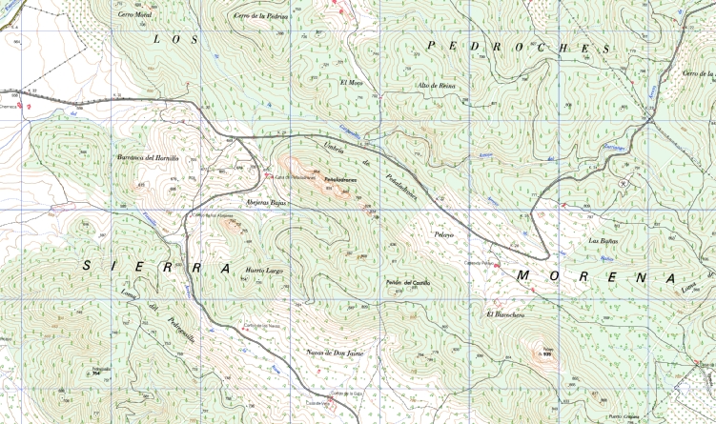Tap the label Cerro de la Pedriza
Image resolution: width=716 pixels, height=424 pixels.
point(260,15)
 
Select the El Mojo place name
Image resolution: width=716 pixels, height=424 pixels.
point(352,82)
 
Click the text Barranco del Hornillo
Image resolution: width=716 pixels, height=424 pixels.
point(148,157)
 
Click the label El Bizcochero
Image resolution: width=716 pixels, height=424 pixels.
point(505,314)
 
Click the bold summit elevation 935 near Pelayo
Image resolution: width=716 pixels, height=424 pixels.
point(547,354)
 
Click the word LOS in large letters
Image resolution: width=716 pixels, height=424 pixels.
point(175,39)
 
